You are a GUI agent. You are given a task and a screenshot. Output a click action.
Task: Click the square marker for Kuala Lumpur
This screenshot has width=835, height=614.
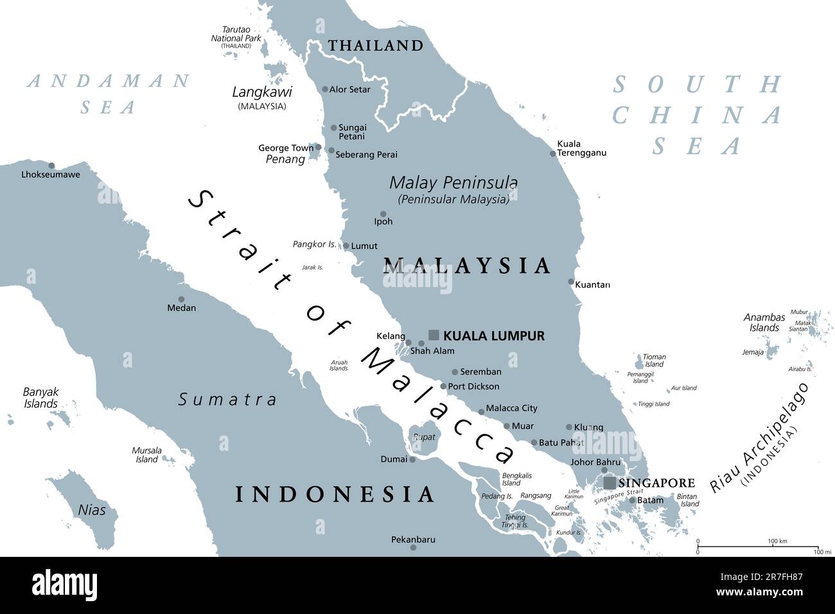(434, 335)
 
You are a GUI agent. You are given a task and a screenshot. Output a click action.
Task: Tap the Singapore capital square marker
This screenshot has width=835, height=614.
(608, 482)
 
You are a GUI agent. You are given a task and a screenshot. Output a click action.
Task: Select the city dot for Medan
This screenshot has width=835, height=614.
(181, 299)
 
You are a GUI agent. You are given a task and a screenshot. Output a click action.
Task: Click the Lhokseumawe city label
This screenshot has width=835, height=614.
(51, 174)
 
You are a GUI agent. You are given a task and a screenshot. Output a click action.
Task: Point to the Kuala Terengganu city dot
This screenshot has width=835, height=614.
(552, 153)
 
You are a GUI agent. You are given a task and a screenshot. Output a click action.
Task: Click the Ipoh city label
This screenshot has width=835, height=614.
(383, 222)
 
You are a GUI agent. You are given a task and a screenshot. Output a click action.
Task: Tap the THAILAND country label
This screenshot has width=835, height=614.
(376, 46)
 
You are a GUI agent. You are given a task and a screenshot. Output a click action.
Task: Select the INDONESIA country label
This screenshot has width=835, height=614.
(334, 494)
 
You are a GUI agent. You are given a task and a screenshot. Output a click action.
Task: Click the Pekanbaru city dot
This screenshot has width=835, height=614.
(413, 547)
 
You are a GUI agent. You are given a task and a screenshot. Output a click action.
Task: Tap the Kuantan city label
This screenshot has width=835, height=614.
(593, 284)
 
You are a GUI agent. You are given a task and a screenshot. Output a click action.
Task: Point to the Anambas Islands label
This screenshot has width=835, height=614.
(764, 322)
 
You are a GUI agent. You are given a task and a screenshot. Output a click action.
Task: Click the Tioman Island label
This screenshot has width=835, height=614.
(655, 360)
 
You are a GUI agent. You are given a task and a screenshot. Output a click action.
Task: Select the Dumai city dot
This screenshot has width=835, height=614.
(412, 459)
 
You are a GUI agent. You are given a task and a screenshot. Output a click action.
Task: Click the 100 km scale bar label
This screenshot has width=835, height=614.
(777, 541)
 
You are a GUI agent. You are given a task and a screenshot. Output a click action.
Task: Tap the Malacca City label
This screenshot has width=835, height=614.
(511, 408)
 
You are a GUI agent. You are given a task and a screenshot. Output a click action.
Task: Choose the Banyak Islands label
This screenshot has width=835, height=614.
(40, 398)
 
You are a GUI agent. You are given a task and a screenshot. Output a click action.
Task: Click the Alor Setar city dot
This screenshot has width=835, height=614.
(325, 89)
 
